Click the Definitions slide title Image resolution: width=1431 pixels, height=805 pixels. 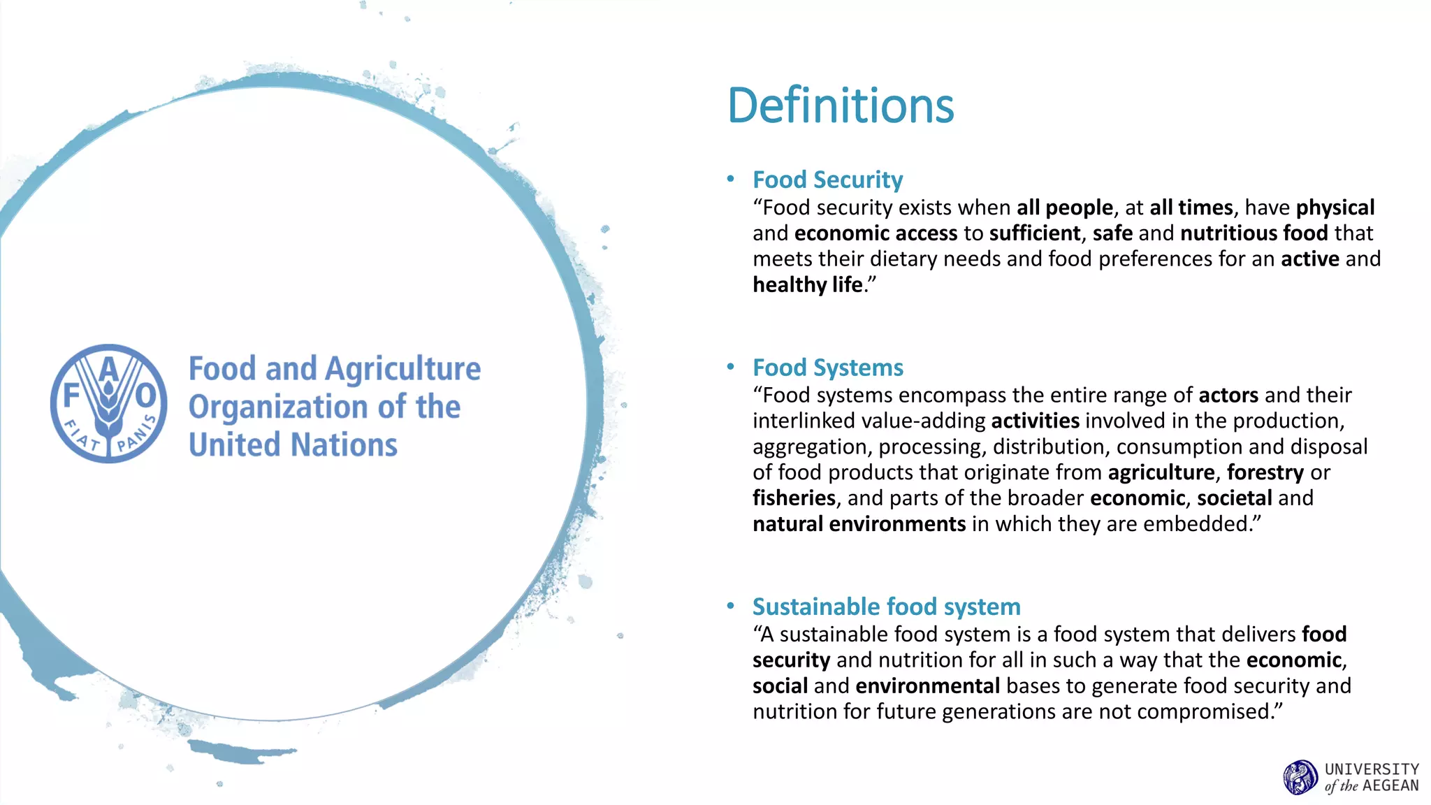point(841,106)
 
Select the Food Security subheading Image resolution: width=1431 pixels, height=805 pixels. point(827,180)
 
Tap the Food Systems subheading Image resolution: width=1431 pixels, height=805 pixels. point(827,368)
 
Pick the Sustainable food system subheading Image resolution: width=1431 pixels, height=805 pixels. point(886,607)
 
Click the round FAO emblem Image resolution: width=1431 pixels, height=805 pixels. point(109,403)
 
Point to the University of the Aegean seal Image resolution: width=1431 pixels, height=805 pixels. point(1300,777)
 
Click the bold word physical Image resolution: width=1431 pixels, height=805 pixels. point(1335,208)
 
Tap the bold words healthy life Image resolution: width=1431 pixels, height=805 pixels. point(808,285)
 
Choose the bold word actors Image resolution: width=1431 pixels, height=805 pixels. point(1228,396)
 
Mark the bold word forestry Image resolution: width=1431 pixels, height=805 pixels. point(1265,473)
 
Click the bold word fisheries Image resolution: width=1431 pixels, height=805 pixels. point(794,498)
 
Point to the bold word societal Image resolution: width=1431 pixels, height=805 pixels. point(1234,498)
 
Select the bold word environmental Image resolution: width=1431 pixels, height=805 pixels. point(927,686)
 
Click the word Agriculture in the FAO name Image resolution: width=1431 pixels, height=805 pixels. point(403,369)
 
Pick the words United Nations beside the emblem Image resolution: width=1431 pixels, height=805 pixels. point(293,445)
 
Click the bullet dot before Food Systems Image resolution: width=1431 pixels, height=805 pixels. point(730,367)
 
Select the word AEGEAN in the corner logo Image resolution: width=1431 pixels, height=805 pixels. point(1390,785)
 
